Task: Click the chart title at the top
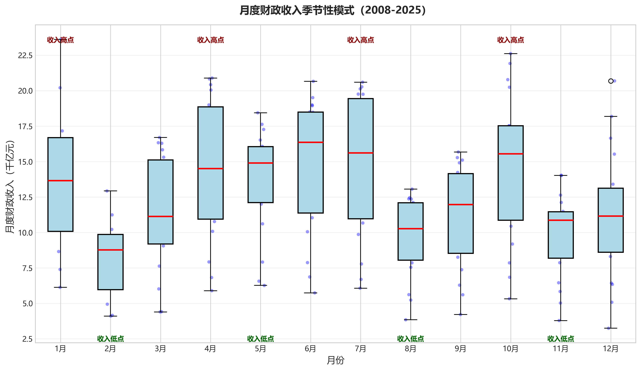(x=333, y=10)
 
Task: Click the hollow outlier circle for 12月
(x=611, y=81)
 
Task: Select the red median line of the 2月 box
(x=110, y=250)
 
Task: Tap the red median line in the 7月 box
(x=360, y=153)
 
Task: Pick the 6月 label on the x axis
(x=310, y=349)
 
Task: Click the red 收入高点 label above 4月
(x=211, y=40)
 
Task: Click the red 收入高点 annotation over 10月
(x=511, y=40)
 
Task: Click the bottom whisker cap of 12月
(x=611, y=328)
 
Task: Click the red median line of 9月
(x=460, y=204)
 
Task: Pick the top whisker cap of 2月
(x=110, y=191)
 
